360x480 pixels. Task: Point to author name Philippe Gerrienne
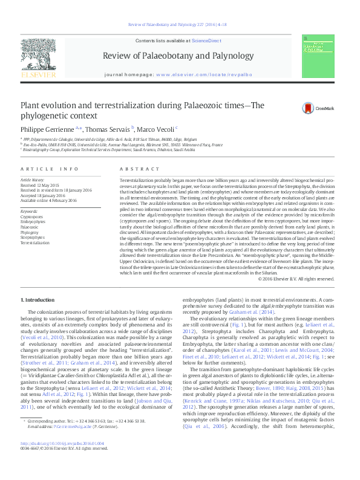point(48,129)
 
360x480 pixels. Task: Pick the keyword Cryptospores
point(31,216)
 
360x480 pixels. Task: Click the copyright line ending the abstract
point(296,279)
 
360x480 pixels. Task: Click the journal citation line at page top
point(180,25)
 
